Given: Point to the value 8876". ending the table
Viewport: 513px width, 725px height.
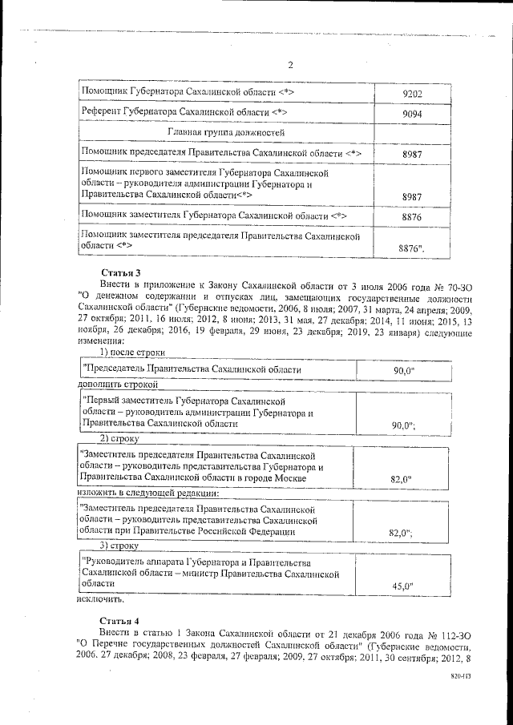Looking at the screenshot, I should [x=412, y=249].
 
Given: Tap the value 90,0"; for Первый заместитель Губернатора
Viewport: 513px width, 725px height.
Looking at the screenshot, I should [x=402, y=425].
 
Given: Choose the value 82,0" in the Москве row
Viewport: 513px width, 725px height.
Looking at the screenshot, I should [x=400, y=479].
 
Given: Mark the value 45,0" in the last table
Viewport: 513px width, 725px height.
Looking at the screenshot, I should [x=402, y=586].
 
